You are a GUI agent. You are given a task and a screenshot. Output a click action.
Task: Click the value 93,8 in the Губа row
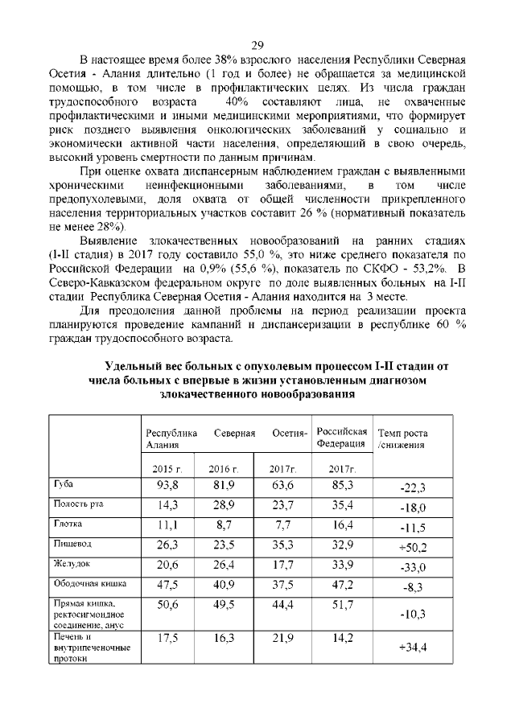(167, 485)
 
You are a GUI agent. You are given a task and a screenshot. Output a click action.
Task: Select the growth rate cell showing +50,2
(411, 548)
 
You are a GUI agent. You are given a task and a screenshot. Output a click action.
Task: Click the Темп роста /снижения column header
(406, 438)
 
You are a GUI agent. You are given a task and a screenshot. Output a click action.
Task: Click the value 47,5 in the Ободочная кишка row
(167, 583)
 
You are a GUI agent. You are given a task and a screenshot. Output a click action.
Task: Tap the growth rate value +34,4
(411, 647)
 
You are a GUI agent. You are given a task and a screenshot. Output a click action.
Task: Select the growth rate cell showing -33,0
(411, 568)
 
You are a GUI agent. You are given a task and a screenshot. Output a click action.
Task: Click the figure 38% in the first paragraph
(234, 60)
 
